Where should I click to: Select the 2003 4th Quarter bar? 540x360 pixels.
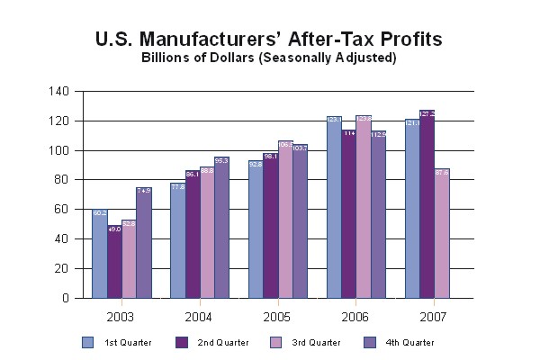143,243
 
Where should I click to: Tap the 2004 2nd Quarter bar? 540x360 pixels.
192,234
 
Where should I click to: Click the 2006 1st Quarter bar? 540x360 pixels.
334,207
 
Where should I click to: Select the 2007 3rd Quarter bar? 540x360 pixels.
441,233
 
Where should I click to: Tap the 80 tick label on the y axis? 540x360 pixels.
61,180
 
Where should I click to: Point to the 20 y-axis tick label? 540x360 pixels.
61,268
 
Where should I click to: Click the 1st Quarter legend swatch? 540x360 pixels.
88,342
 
